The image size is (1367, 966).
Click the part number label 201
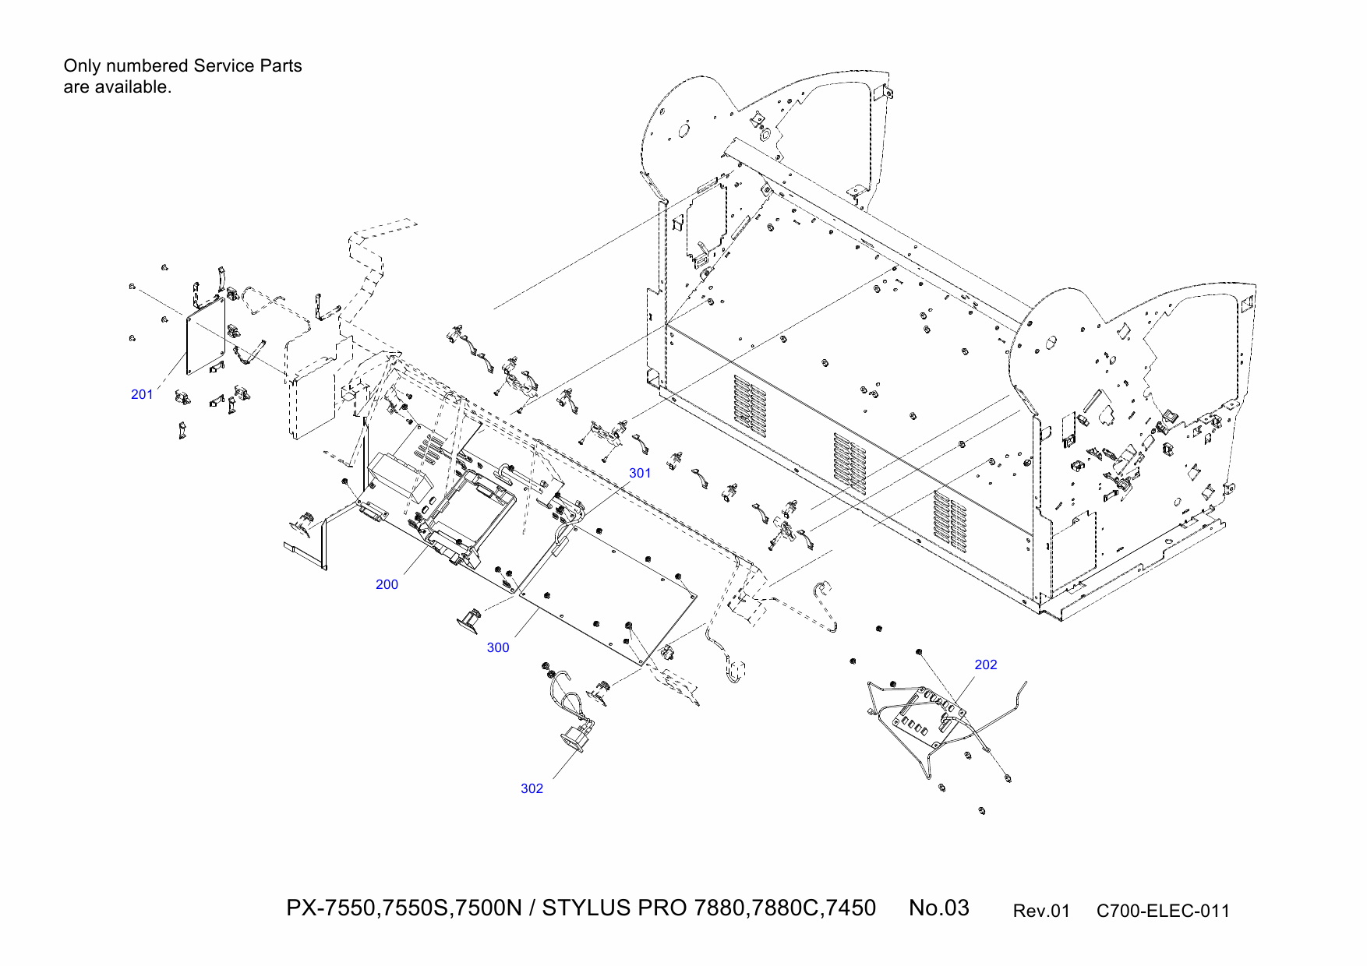[x=142, y=394]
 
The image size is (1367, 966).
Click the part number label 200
[x=387, y=584]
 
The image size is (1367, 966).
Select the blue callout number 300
[x=498, y=647]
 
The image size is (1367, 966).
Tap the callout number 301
[x=640, y=473]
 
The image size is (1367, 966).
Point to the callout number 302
[x=532, y=788]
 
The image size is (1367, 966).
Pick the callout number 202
[x=985, y=665]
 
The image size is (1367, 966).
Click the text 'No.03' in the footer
[x=938, y=908]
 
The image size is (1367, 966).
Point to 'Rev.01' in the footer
[x=1040, y=911]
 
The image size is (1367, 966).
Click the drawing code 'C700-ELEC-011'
[x=1162, y=911]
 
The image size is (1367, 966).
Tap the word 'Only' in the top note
[x=82, y=66]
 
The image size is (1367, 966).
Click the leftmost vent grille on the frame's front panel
[x=749, y=406]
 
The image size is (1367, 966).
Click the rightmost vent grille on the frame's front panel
[x=950, y=520]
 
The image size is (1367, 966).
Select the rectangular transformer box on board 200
[x=400, y=474]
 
